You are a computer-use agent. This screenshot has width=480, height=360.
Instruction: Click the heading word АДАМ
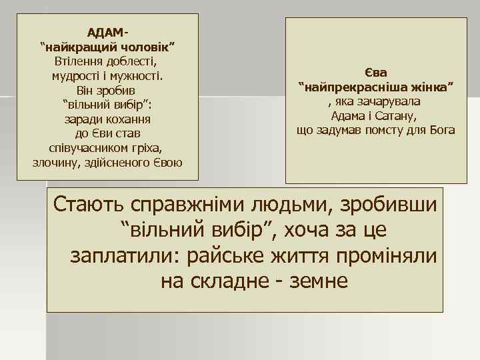(105, 32)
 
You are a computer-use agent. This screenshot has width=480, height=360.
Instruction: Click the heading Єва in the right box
(376, 72)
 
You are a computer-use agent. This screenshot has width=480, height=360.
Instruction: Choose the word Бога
(441, 131)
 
